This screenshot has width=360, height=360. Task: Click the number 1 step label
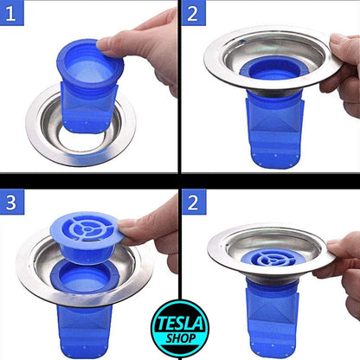[x=10, y=13]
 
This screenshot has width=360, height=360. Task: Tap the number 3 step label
[x=11, y=202]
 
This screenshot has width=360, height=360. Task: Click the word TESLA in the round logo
[x=180, y=323]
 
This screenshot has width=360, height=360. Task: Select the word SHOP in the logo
[x=181, y=338]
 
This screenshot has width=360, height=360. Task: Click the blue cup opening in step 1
[x=90, y=64]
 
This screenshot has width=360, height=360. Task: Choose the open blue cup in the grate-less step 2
[x=273, y=68]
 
